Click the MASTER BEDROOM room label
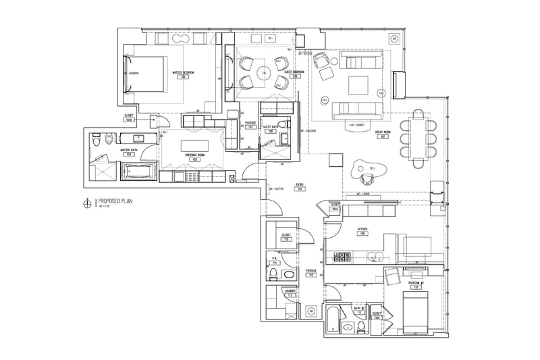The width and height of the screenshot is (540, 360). [x=184, y=73]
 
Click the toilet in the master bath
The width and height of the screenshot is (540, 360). [x=97, y=141]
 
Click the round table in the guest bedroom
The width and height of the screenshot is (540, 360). [x=265, y=72]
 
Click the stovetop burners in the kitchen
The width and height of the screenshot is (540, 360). [x=343, y=257]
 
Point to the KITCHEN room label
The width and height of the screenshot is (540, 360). [x=362, y=230]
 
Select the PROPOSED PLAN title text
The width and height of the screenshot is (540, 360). [x=119, y=201]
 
